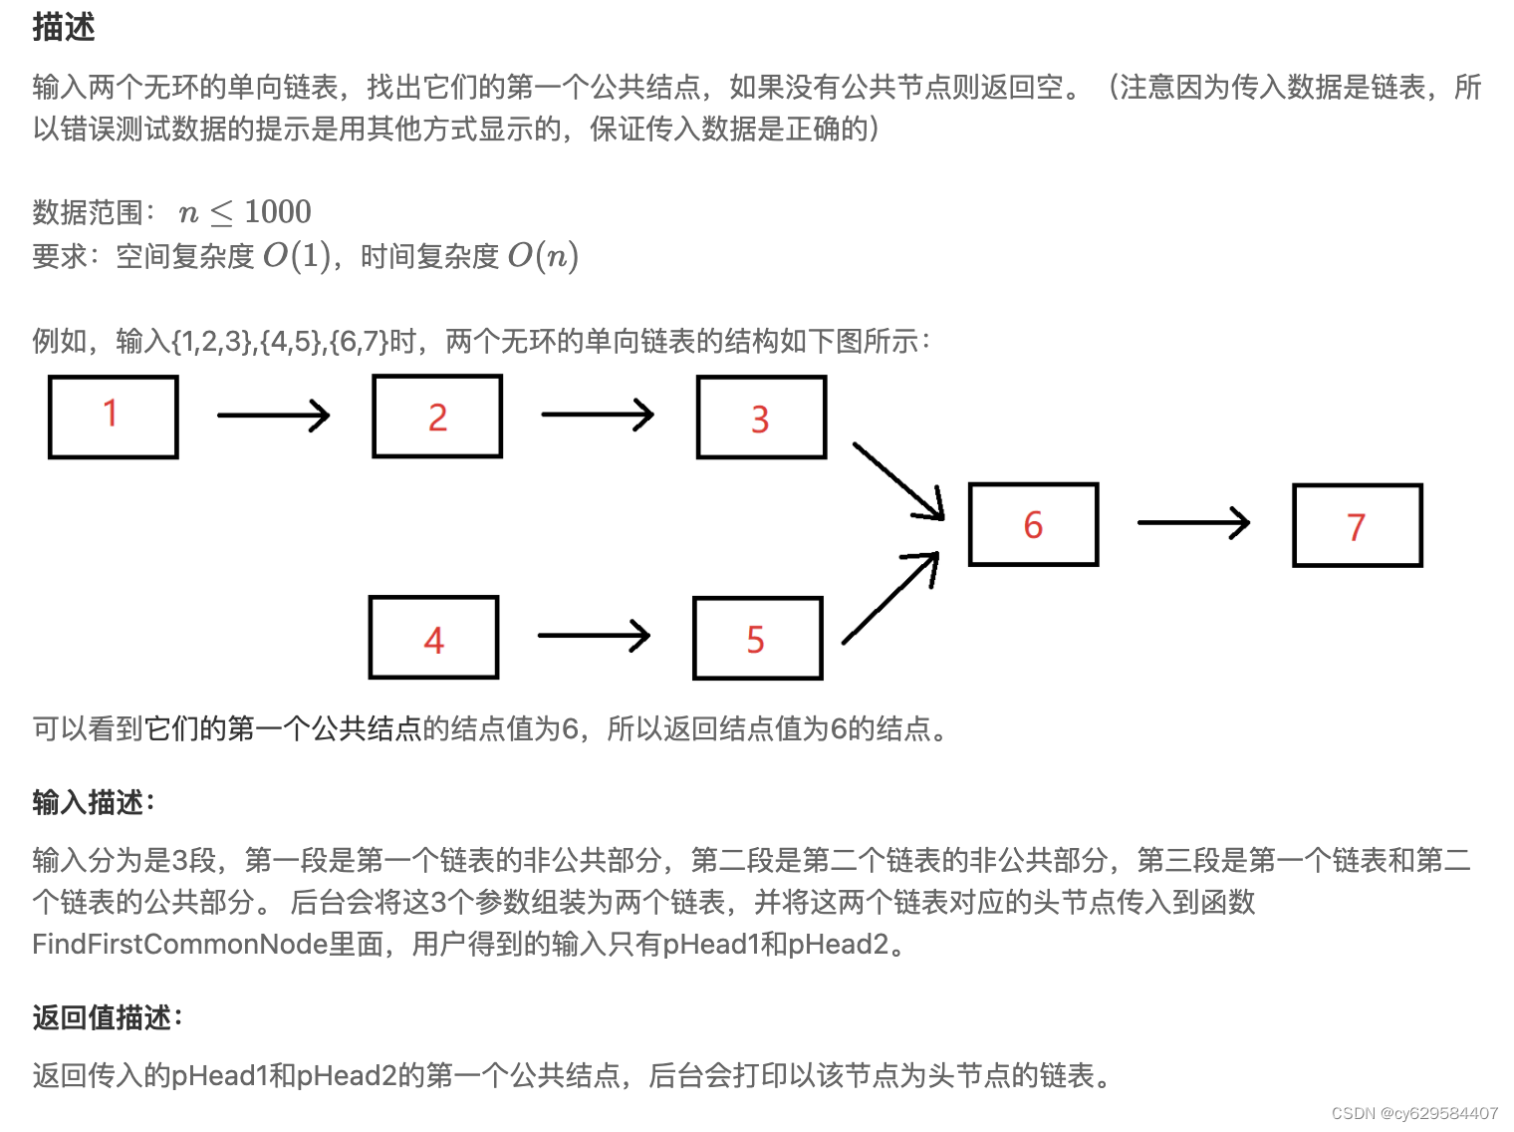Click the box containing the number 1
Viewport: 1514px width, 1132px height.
point(114,417)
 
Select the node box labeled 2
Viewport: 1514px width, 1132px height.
point(437,417)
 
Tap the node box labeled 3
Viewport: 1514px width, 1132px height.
point(761,418)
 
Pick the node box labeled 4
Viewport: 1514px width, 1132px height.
point(433,638)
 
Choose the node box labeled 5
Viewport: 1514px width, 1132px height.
point(757,639)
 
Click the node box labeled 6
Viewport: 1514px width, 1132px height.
point(1033,525)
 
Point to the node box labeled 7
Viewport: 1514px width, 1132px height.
point(1357,526)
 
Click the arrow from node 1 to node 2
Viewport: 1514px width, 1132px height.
point(273,416)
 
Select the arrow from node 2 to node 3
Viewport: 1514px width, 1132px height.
point(597,415)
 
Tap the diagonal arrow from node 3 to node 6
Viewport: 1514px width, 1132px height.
point(898,481)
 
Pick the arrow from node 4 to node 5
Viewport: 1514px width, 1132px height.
point(593,636)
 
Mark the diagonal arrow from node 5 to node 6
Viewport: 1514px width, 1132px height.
point(890,598)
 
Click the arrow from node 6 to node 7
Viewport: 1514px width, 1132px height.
point(1192,522)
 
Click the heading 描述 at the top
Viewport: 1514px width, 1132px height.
point(64,27)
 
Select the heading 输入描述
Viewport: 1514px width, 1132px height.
point(93,802)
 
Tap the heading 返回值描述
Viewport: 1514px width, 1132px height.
point(107,1017)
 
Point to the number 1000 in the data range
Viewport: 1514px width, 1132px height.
point(278,211)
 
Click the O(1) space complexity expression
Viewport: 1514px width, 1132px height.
point(296,256)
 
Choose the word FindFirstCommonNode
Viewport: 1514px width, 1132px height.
point(179,944)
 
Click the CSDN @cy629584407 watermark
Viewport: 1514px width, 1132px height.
point(1414,1113)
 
